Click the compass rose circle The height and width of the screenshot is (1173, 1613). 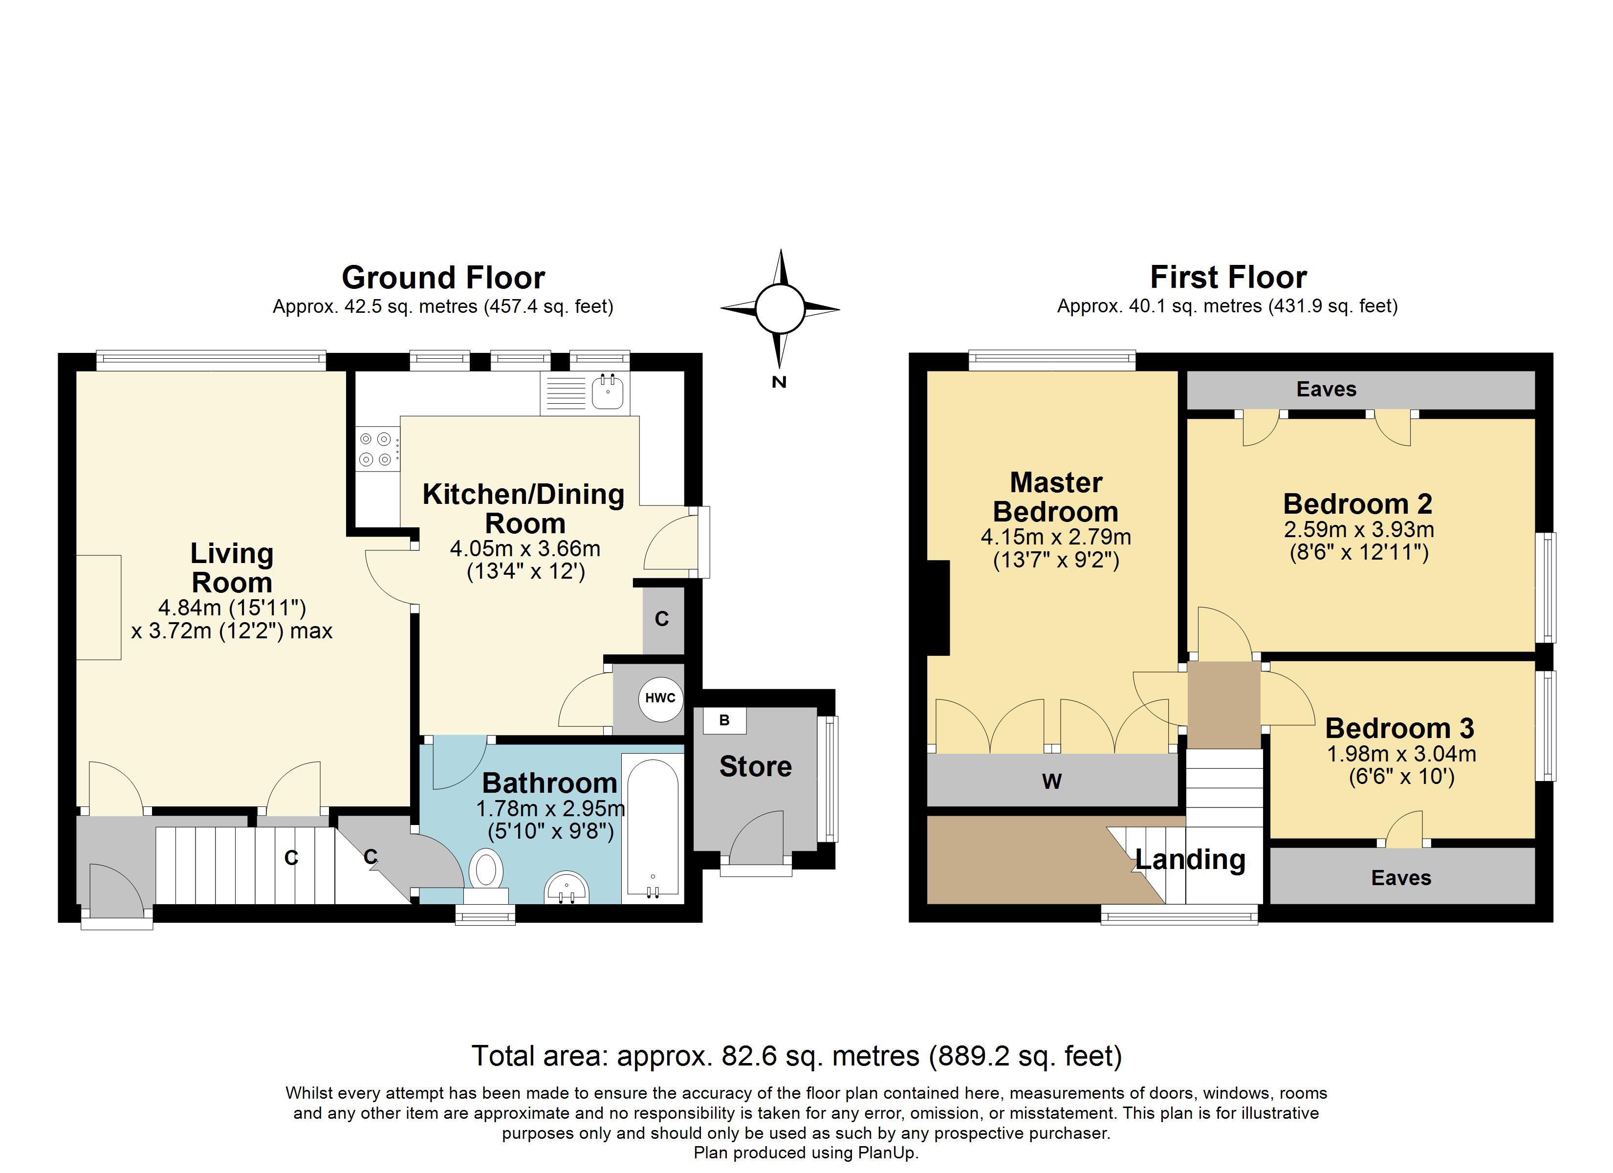click(x=780, y=309)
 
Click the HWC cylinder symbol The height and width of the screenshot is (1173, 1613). click(x=660, y=698)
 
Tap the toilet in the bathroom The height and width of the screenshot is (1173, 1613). click(x=486, y=872)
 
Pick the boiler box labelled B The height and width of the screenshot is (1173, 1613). click(x=724, y=720)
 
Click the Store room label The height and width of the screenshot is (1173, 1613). click(x=755, y=766)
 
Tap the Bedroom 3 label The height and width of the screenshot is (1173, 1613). click(x=1399, y=728)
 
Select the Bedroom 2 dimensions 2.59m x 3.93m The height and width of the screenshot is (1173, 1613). click(x=1358, y=529)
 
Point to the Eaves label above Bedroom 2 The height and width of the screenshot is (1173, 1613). click(x=1326, y=389)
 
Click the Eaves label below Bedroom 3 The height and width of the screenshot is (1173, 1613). click(x=1400, y=878)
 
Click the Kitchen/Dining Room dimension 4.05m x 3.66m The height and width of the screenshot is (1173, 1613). click(x=525, y=548)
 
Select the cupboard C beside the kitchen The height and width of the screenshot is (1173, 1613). click(x=661, y=619)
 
